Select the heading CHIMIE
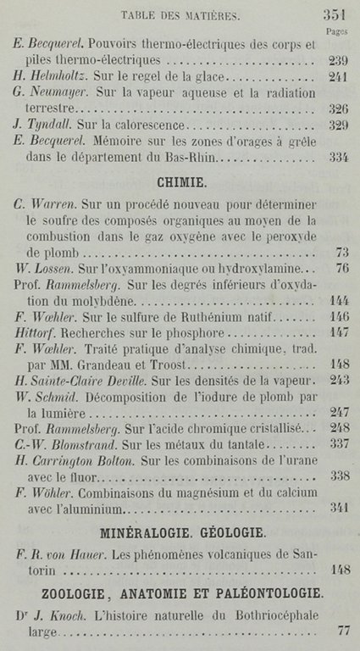pyautogui.click(x=184, y=181)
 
